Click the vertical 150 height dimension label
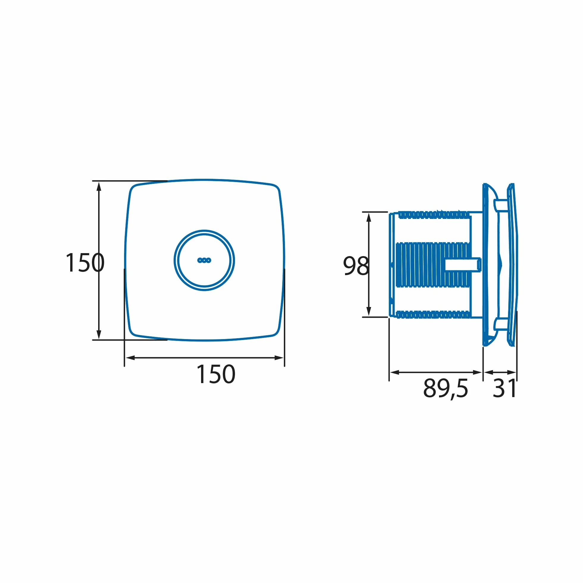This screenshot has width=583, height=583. point(85,263)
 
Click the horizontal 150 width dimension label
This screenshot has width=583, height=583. point(216,374)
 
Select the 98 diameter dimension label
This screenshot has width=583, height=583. point(356,266)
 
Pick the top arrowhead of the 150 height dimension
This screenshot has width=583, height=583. point(99,187)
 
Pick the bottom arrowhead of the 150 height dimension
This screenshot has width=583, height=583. point(99,334)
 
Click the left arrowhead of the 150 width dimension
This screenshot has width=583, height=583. point(130,358)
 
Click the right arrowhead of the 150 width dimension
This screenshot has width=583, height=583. point(279,358)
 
